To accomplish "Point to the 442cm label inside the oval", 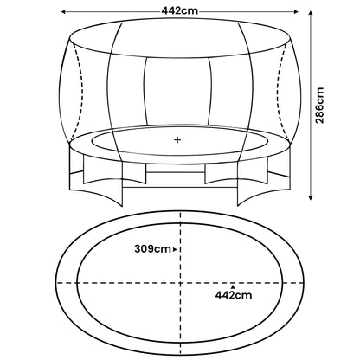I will coord(234,296).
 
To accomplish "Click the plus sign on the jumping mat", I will coord(178,139).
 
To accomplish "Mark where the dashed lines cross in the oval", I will coord(179,283).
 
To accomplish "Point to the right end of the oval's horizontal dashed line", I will coord(303,283).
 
